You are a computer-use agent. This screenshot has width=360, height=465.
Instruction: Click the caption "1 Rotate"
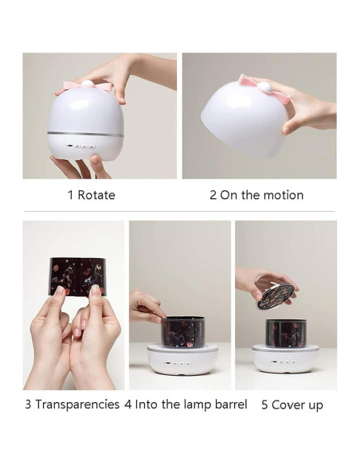tap(91, 195)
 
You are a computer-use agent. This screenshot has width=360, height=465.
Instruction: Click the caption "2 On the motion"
tap(256, 195)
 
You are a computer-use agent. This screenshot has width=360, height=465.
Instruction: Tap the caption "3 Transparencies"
tap(72, 404)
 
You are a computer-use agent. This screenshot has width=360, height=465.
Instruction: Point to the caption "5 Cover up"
tap(292, 404)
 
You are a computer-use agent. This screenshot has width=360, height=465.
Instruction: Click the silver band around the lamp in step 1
tap(85, 133)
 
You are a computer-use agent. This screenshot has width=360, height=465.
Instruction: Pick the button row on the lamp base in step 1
tap(80, 147)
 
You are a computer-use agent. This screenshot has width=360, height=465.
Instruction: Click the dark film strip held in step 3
tap(77, 275)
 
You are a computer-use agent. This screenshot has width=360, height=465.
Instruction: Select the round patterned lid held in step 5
tap(275, 294)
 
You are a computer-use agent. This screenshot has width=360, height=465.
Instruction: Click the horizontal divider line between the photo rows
tap(179, 212)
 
